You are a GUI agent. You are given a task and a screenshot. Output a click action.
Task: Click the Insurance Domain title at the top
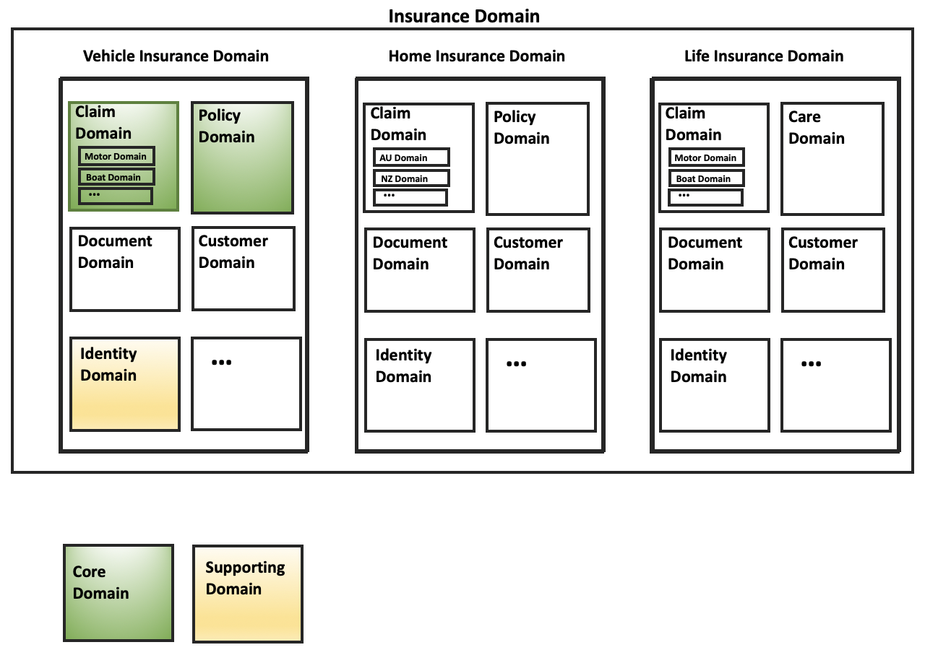pos(463,16)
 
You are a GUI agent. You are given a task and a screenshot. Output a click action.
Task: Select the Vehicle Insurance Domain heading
pos(176,56)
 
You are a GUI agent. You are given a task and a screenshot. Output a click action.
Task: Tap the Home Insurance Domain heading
pos(476,56)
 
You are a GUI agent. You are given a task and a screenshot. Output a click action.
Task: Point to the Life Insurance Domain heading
pos(763,56)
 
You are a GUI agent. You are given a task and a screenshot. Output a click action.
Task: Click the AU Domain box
pos(411,157)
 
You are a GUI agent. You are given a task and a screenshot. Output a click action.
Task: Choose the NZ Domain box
pos(411,178)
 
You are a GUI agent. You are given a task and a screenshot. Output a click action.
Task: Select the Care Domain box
pos(832,159)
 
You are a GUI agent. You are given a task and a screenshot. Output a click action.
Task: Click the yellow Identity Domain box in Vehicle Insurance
pos(125,384)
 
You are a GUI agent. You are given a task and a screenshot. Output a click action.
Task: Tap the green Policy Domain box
pos(242,157)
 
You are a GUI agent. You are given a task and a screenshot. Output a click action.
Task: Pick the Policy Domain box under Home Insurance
pos(537,159)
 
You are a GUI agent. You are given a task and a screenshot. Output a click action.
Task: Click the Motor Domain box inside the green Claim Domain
pos(116,156)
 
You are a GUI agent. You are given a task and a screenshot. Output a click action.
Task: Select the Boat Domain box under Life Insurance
pos(706,178)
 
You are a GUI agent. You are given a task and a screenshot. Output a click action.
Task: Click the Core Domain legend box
pos(119,593)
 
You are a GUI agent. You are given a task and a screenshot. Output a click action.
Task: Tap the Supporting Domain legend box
pos(247,594)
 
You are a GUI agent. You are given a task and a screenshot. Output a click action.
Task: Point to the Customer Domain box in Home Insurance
pos(538,270)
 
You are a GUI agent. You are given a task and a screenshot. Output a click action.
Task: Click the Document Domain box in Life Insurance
pos(714,270)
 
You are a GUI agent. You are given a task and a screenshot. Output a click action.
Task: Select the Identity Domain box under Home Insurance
pos(419,385)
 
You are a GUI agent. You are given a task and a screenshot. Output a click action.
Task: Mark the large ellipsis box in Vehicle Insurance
pos(246,383)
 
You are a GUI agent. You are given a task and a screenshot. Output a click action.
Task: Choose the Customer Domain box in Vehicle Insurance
pos(244,269)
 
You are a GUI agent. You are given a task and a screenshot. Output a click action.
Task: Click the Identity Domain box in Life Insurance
pos(714,385)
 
